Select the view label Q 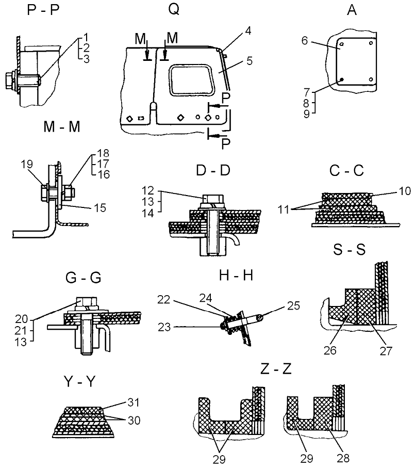pos(173,9)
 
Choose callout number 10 pos(404,191)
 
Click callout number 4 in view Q pos(248,31)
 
